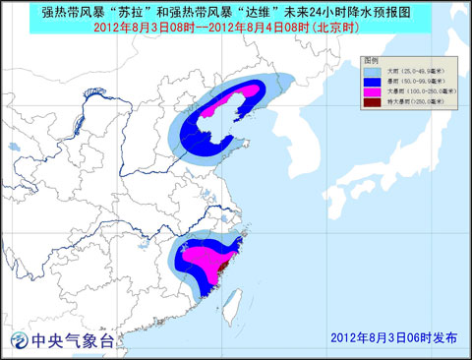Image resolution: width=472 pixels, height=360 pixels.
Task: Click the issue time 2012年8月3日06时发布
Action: pos(395,336)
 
